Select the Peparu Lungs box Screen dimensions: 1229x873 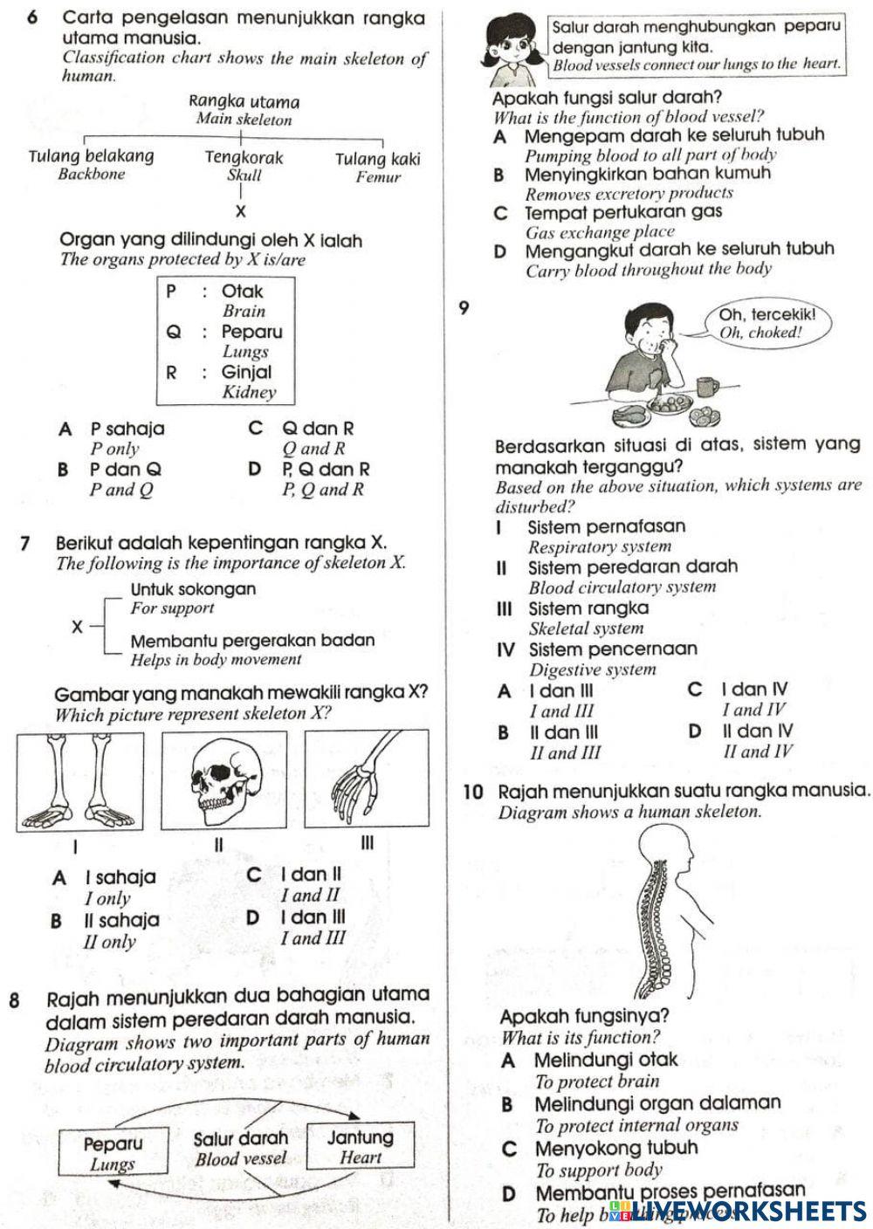pos(113,1152)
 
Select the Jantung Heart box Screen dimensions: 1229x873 pos(361,1147)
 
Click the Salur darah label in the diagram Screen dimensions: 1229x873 pos(240,1138)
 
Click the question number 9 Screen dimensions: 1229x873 pos(464,307)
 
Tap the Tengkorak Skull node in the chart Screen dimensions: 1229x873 pos(244,165)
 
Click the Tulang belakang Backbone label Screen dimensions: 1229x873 pos(92,164)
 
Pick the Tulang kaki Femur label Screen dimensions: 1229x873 pos(377,167)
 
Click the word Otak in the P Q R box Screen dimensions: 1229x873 pos(242,292)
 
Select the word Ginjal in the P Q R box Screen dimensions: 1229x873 pos(246,372)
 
